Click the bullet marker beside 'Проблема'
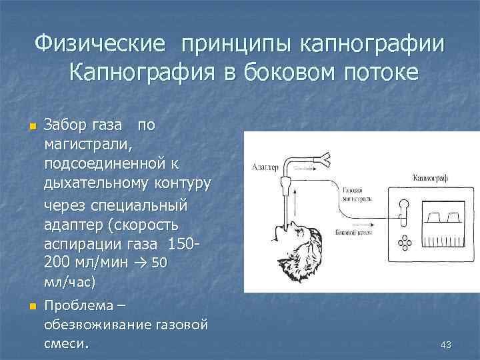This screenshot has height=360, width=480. [31, 307]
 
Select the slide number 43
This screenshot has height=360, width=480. [446, 344]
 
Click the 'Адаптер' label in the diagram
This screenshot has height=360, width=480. [265, 167]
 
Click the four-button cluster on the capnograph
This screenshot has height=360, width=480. [403, 243]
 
